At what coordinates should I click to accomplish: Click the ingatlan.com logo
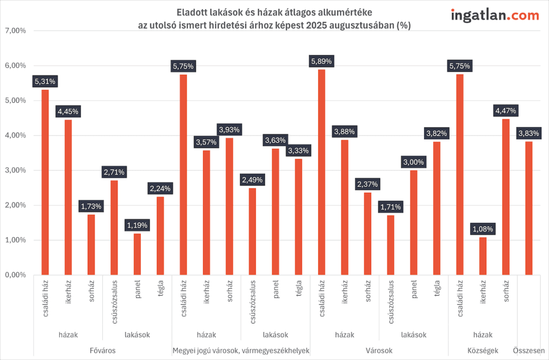495,16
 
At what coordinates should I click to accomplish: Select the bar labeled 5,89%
321,171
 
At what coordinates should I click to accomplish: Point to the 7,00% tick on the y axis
15,31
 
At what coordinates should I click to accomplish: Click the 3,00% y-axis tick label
15,170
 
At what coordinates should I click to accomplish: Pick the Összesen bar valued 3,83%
529,208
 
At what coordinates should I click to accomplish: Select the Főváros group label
102,350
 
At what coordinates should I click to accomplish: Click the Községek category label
483,350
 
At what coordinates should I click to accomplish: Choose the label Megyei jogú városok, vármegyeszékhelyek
241,350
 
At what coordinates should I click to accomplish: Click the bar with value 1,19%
137,254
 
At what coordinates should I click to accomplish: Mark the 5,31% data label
45,81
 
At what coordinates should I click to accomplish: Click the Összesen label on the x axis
529,350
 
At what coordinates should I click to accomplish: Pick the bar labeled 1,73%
91,244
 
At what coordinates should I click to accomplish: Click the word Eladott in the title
191,12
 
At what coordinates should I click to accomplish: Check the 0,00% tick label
15,275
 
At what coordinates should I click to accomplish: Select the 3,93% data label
229,129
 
